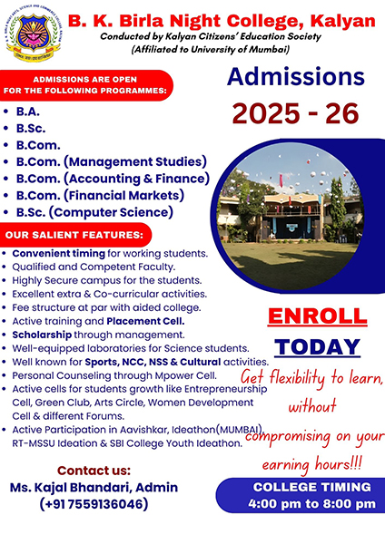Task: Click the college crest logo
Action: pyautogui.click(x=34, y=34)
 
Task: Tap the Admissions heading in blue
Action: pyautogui.click(x=296, y=77)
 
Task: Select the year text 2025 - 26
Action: pyautogui.click(x=295, y=113)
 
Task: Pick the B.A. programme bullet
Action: pyautogui.click(x=28, y=112)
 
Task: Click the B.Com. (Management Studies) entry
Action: pyautogui.click(x=112, y=161)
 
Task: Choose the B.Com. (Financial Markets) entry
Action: pyautogui.click(x=100, y=195)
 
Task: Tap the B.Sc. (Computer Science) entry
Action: pyautogui.click(x=94, y=212)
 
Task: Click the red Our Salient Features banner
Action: pyautogui.click(x=75, y=235)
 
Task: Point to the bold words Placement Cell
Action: pyautogui.click(x=145, y=321)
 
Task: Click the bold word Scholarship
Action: pyautogui.click(x=42, y=335)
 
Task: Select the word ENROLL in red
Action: pyautogui.click(x=317, y=316)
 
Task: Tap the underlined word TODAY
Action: pyautogui.click(x=317, y=346)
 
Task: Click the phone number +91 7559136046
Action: pyautogui.click(x=94, y=504)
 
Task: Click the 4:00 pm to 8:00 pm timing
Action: pyautogui.click(x=311, y=503)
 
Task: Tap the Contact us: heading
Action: pyautogui.click(x=94, y=471)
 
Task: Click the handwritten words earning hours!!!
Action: pyautogui.click(x=311, y=464)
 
